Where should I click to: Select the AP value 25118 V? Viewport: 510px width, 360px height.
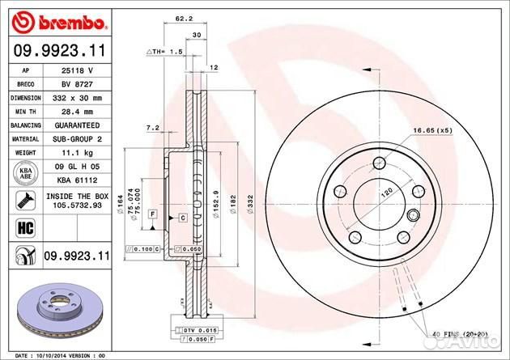[77, 70]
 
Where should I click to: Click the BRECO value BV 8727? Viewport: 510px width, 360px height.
[77, 84]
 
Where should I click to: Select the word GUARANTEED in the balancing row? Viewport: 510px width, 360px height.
[77, 125]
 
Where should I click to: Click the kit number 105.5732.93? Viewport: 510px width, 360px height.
[77, 206]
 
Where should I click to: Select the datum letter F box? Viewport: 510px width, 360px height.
[151, 212]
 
